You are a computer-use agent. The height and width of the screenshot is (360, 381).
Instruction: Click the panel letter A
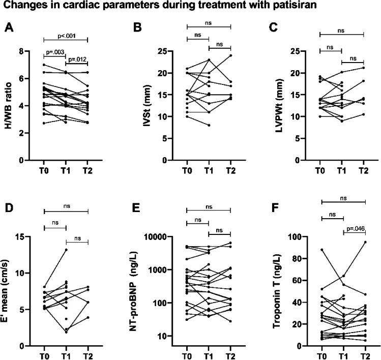coord(9,28)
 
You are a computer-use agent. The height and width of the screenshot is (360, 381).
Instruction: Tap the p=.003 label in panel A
coord(55,52)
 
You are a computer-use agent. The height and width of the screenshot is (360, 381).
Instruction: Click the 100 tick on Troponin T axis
coord(307,237)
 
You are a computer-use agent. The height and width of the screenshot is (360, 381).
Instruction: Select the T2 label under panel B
coord(231,170)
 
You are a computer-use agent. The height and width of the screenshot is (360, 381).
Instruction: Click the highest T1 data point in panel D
coord(66,250)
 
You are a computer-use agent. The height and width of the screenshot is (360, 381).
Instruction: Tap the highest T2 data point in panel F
coord(365,242)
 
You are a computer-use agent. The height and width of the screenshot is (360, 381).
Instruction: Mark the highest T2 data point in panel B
coord(231,55)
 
